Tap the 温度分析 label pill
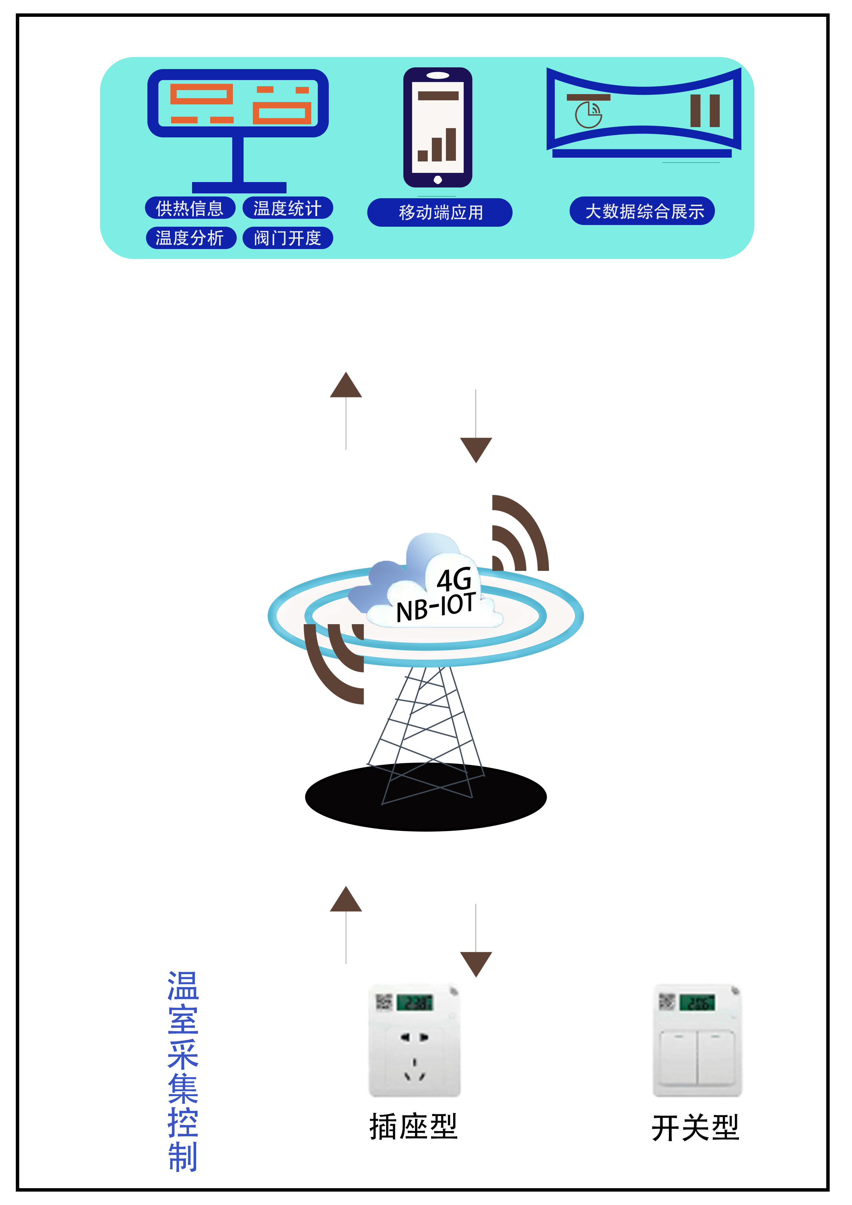(x=190, y=238)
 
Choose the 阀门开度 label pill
(x=287, y=238)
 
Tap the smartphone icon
(x=437, y=127)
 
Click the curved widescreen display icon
(x=643, y=112)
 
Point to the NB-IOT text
(x=435, y=607)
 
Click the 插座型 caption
(x=414, y=1126)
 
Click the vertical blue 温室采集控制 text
(x=183, y=1071)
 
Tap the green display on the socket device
(x=415, y=1002)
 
